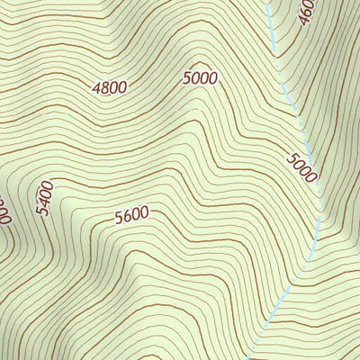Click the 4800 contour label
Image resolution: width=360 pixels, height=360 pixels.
[109, 87]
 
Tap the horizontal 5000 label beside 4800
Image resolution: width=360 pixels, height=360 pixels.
[200, 78]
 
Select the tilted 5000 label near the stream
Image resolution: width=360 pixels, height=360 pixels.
[302, 168]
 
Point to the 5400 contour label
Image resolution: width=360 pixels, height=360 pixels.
[46, 198]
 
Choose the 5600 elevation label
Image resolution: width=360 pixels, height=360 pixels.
[131, 216]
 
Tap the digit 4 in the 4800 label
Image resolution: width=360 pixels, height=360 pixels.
[96, 89]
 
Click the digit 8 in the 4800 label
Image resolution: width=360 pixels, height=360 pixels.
[104, 88]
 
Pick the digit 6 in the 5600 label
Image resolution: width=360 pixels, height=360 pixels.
[127, 217]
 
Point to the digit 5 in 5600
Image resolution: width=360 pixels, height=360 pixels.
[119, 219]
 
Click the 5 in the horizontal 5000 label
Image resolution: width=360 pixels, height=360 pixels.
[187, 79]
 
